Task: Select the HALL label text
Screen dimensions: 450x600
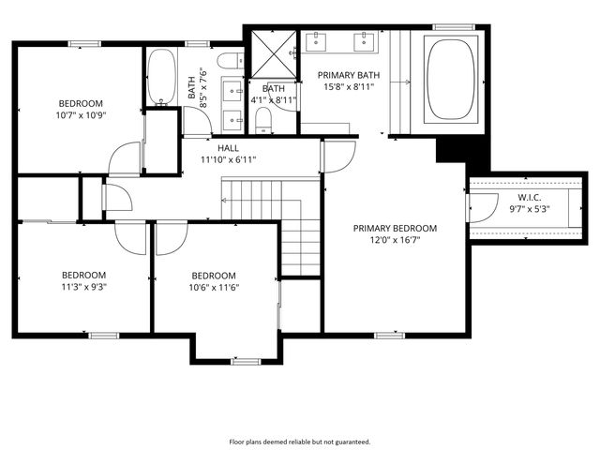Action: pyautogui.click(x=228, y=148)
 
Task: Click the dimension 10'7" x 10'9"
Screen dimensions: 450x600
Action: pyautogui.click(x=81, y=115)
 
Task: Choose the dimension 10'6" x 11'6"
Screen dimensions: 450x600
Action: pyautogui.click(x=215, y=287)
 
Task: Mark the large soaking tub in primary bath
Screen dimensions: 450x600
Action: pyautogui.click(x=453, y=78)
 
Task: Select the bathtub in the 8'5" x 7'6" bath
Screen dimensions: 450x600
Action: pyautogui.click(x=160, y=79)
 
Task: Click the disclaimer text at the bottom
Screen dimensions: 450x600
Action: pyautogui.click(x=300, y=441)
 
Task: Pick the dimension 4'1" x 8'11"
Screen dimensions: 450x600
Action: pyautogui.click(x=274, y=99)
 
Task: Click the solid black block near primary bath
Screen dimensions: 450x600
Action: pyautogui.click(x=451, y=149)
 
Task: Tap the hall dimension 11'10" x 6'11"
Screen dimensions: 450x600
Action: pyautogui.click(x=228, y=159)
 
